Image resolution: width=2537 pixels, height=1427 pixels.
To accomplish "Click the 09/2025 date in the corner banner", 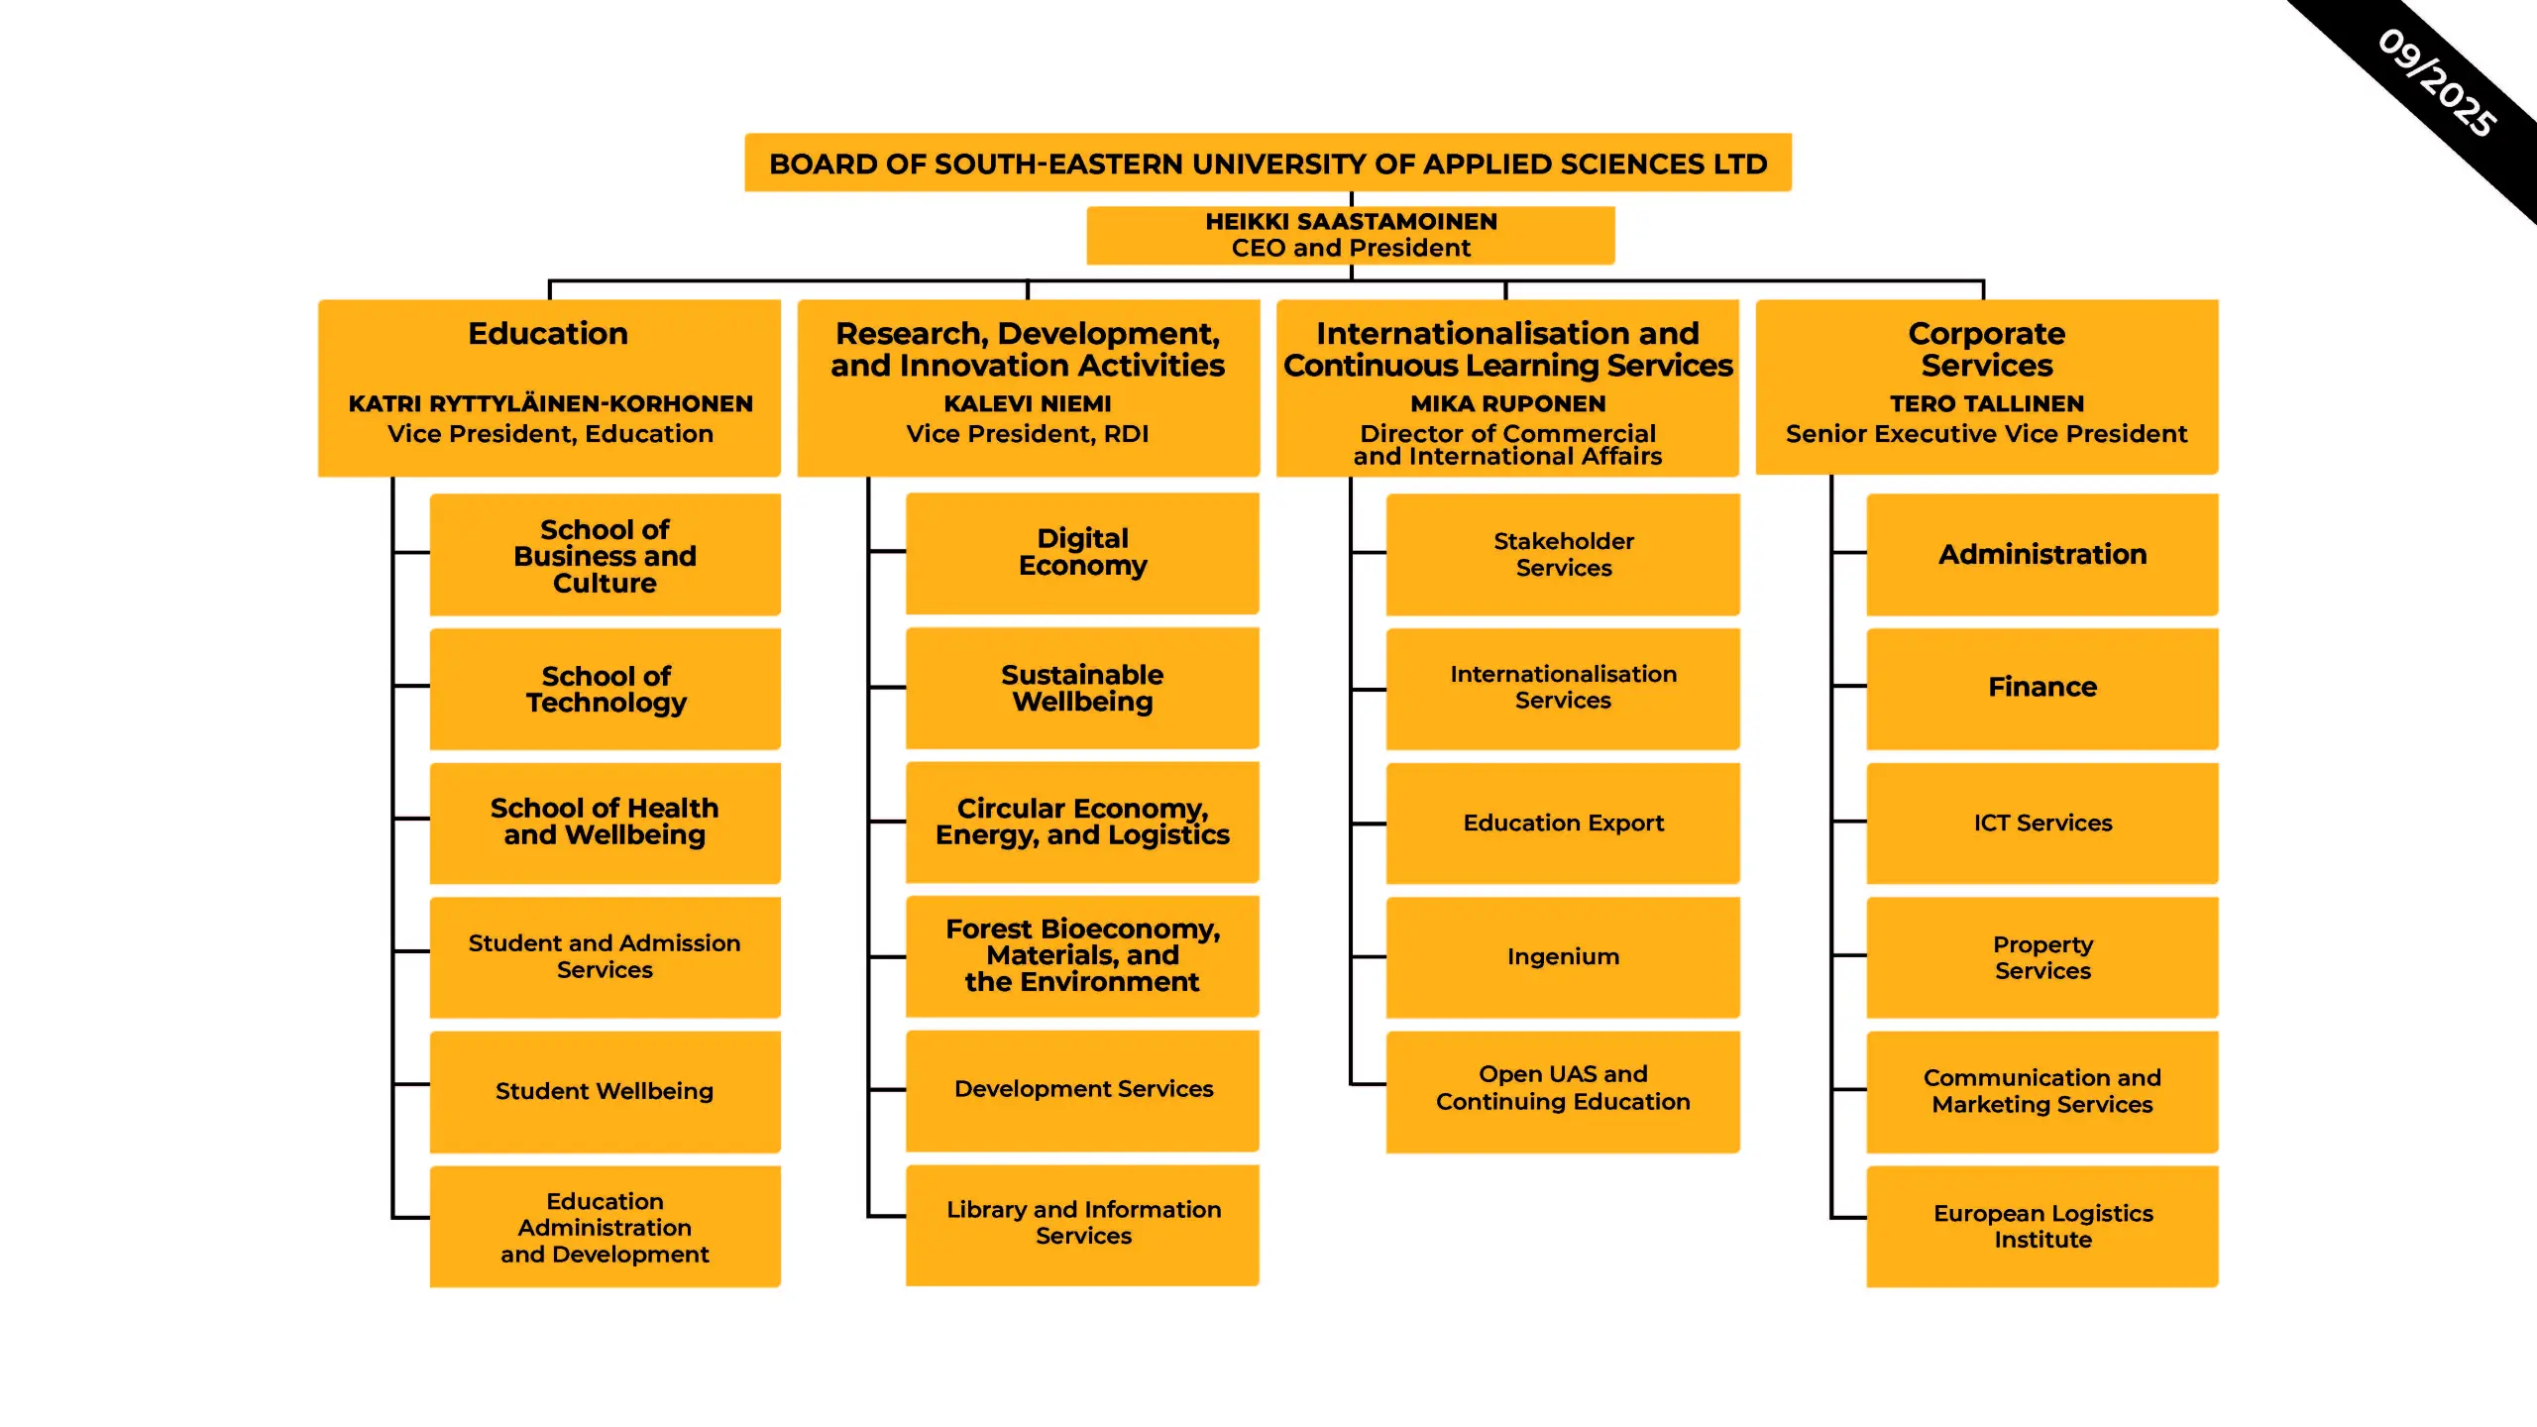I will [x=2436, y=83].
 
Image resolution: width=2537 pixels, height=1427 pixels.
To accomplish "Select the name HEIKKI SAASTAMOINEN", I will [x=1351, y=222].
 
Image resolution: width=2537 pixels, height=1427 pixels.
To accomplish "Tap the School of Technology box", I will [x=606, y=689].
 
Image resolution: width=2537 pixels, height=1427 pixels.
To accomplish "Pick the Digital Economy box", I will [x=1082, y=553].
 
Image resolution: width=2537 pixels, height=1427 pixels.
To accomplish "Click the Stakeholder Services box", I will [x=1563, y=554].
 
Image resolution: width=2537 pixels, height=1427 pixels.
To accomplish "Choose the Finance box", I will [x=2041, y=688].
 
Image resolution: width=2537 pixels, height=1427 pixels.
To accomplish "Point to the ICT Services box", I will [x=2041, y=823].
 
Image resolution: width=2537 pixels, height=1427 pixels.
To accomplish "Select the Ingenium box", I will [x=1563, y=956].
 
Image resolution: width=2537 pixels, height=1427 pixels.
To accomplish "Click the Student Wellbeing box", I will [x=605, y=1091].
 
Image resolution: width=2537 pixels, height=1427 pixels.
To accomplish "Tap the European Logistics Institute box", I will [x=2041, y=1226].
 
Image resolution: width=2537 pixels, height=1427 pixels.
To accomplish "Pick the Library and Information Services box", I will [x=1082, y=1223].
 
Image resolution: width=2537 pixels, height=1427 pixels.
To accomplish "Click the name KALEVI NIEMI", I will [x=1028, y=404].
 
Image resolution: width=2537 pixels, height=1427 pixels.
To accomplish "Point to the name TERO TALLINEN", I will [x=1986, y=404].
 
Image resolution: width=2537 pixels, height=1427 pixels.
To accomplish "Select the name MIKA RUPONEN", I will [x=1507, y=404].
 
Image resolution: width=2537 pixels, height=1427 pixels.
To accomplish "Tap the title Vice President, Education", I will [x=550, y=434].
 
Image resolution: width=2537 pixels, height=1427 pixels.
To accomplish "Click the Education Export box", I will [x=1563, y=823].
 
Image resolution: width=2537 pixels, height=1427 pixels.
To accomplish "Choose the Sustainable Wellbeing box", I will [x=1082, y=688].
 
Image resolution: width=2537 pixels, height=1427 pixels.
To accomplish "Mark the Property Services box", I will [x=2041, y=957].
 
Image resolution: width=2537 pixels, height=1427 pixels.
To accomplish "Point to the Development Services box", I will [x=1082, y=1089].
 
